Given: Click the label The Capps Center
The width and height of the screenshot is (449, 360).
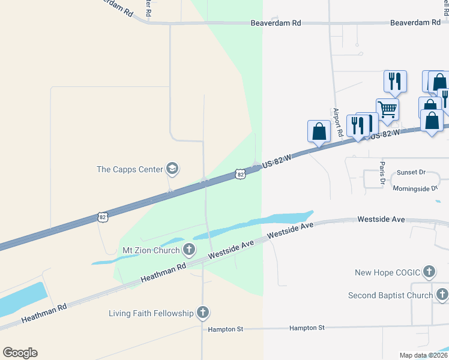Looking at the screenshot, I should [130, 169].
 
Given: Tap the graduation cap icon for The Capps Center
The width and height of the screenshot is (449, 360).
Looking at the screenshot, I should [173, 169].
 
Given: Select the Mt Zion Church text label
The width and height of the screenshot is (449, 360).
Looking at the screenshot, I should [151, 250].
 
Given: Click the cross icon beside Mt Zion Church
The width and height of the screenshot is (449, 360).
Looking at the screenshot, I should [189, 249].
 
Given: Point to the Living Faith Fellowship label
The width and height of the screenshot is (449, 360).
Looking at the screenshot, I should [151, 313].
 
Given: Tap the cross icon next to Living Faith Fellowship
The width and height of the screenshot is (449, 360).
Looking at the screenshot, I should [203, 313].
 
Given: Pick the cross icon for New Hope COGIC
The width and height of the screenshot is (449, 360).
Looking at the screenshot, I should [429, 272].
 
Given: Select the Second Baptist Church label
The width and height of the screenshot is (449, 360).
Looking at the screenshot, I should [390, 295].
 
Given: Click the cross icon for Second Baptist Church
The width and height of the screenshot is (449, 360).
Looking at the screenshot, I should [442, 295].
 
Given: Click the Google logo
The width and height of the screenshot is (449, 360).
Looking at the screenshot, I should [20, 353].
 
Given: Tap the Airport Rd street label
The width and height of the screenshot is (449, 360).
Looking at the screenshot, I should [337, 123].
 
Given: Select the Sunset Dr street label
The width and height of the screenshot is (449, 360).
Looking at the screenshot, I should [409, 172].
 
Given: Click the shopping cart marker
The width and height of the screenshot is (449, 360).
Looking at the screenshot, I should [388, 110].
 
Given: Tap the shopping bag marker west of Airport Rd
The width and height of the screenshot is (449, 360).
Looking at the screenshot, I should [319, 131].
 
